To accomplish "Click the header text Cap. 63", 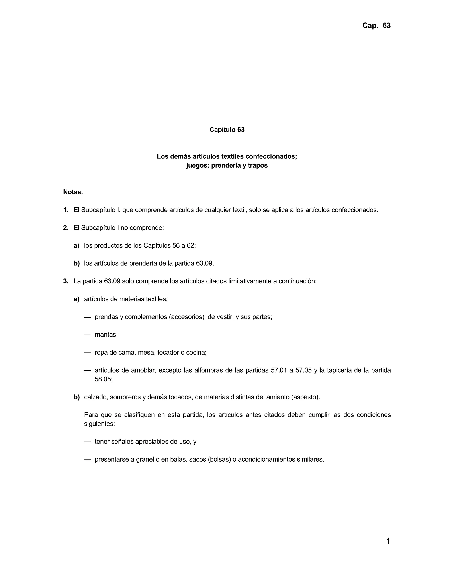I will click(376, 26).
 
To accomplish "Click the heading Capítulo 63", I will click(227, 130).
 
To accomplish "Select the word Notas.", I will click(73, 192).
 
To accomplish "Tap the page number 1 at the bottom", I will click(388, 541).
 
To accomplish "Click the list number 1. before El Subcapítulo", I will click(66, 210).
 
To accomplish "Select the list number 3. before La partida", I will click(66, 281).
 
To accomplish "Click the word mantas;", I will click(106, 335).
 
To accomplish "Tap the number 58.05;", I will click(104, 379).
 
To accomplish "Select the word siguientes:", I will click(100, 424).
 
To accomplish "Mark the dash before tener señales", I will click(87, 442).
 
